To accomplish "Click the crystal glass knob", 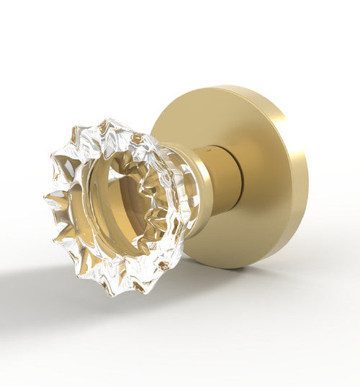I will tap(115, 205).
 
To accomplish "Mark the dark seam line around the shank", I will tap(216, 180).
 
